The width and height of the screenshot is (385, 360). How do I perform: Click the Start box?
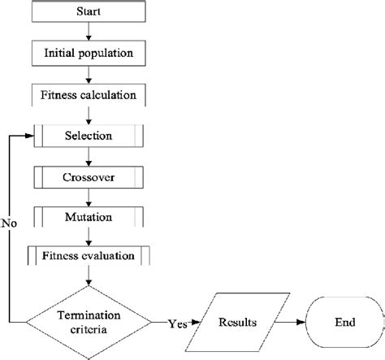(89, 13)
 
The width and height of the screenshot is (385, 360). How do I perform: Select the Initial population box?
(89, 54)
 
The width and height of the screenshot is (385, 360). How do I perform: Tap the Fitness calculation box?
(89, 94)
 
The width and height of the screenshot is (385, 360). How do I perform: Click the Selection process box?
(89, 135)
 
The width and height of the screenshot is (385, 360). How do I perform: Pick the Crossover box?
(89, 176)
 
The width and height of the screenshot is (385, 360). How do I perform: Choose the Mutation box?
(89, 216)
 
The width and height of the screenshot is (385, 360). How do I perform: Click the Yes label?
(176, 323)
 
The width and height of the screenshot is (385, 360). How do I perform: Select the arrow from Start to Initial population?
(89, 33)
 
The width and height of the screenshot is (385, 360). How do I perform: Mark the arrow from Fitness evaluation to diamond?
(89, 276)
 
